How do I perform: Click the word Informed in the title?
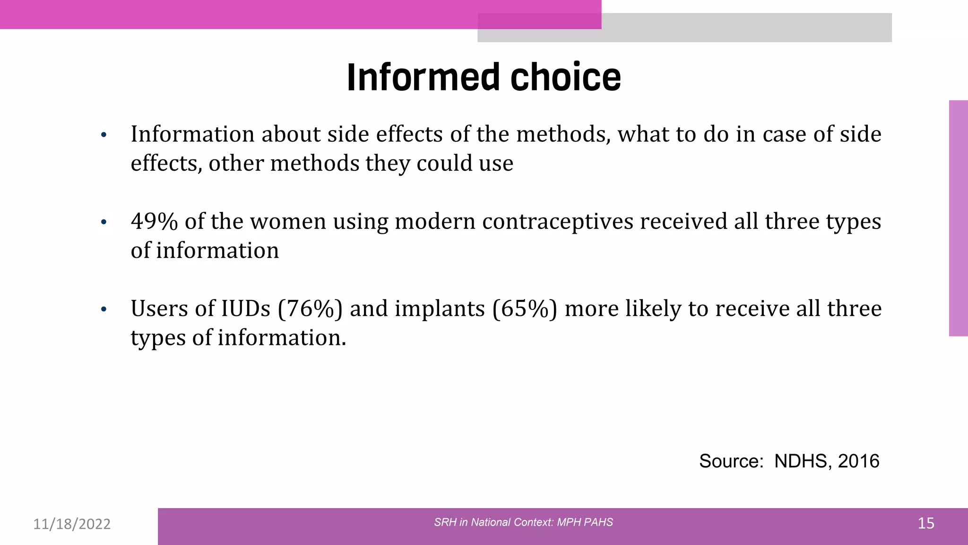click(x=423, y=77)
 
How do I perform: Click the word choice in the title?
click(x=565, y=77)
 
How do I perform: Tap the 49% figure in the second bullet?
click(x=154, y=221)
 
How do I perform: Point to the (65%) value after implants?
click(x=525, y=309)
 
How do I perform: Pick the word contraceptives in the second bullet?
click(x=558, y=221)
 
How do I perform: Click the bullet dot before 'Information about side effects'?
click(x=104, y=135)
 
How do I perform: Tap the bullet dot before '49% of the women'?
click(x=104, y=222)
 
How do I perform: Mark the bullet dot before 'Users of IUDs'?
click(x=104, y=310)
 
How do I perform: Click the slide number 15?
click(x=925, y=523)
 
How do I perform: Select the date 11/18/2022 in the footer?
click(x=72, y=524)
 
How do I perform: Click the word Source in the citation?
click(x=731, y=461)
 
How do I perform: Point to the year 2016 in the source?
click(x=858, y=461)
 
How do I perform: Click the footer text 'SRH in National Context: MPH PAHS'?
click(x=523, y=522)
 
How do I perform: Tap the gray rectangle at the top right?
click(x=747, y=27)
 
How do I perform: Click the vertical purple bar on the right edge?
click(x=958, y=218)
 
